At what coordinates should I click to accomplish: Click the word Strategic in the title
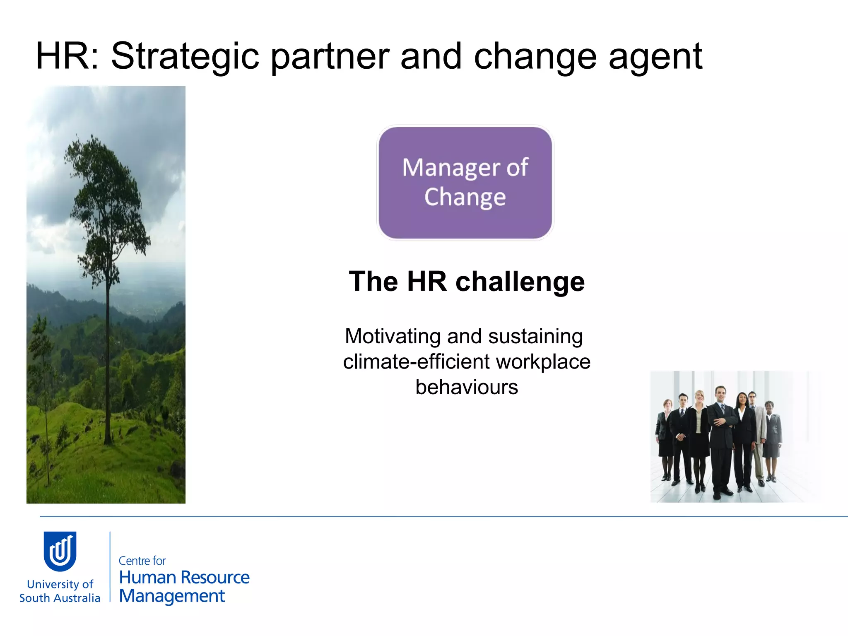pos(185,57)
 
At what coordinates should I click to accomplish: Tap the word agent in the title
pos(655,57)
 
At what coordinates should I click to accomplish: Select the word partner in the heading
pos(330,57)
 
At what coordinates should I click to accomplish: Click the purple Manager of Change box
pos(465,183)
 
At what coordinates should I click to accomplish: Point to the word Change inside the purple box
pos(465,197)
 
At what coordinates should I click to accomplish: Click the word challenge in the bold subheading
pos(520,282)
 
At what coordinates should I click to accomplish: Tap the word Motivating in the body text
pos(393,336)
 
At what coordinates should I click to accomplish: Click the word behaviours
pos(467,387)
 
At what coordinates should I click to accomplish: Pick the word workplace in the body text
pos(543,361)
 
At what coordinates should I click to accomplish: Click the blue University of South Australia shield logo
pos(60,551)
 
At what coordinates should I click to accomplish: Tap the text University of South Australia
pos(60,591)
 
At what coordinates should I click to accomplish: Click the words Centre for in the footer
pos(142,561)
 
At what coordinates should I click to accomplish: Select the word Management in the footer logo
pos(172,596)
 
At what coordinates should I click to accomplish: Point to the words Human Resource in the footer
pos(184,577)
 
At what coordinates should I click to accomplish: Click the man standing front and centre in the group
pos(721,439)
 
